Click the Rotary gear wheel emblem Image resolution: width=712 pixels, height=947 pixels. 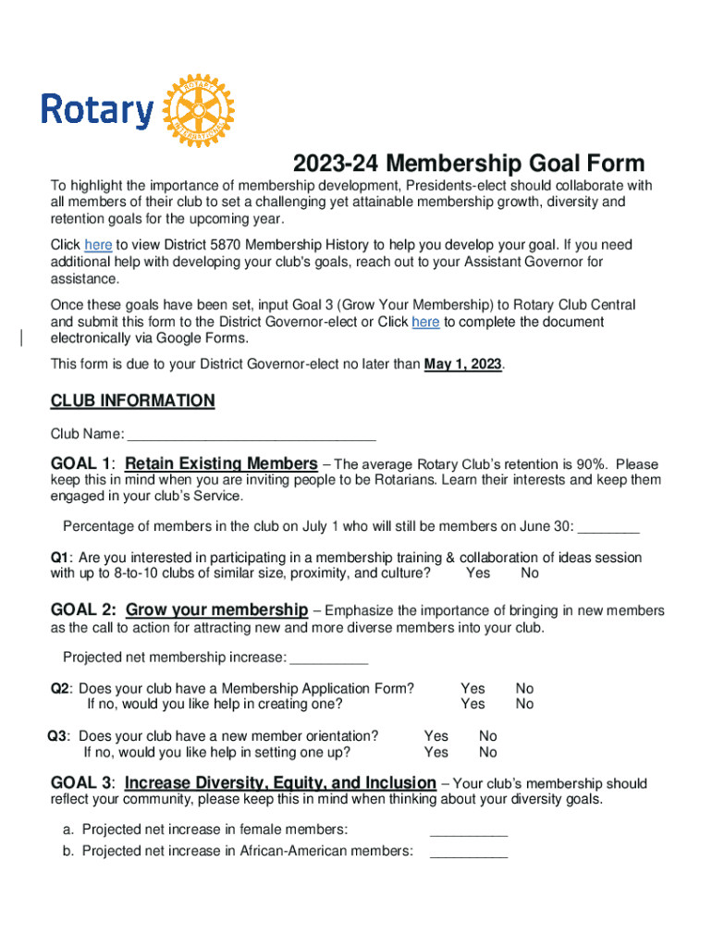click(x=199, y=110)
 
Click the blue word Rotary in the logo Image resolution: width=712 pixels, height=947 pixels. click(x=97, y=110)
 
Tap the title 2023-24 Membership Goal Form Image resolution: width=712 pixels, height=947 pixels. click(x=469, y=164)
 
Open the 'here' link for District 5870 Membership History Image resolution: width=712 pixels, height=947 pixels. click(x=98, y=246)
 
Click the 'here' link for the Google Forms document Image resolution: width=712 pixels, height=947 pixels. click(x=425, y=322)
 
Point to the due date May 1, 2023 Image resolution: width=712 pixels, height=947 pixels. click(x=463, y=364)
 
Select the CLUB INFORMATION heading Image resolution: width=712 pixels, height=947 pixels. click(x=132, y=401)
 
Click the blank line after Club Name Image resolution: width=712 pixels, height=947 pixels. click(x=251, y=434)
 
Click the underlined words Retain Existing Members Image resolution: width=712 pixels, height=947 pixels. click(x=221, y=463)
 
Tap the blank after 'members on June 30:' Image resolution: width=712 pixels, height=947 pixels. click(x=608, y=526)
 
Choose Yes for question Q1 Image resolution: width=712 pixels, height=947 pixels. click(x=478, y=573)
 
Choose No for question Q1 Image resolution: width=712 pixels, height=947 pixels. click(x=530, y=573)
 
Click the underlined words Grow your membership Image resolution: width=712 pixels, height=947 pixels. click(x=216, y=610)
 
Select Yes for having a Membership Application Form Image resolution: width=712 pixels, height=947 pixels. click(x=473, y=689)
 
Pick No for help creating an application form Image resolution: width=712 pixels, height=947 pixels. click(x=524, y=705)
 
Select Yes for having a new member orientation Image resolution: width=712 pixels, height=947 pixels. click(x=436, y=736)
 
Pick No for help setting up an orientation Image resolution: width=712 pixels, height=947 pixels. click(x=487, y=752)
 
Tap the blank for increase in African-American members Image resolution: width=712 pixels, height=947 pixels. click(x=469, y=852)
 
